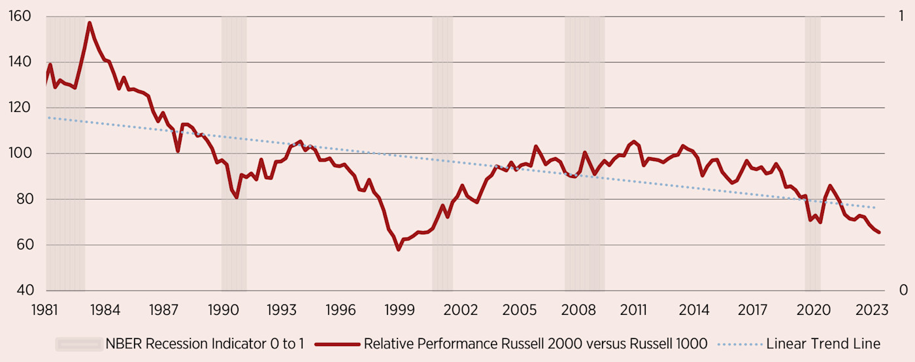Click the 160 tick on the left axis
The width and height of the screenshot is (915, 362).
[x=22, y=16]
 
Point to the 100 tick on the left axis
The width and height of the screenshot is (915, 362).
[x=22, y=154]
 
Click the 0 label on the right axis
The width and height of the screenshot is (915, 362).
[x=903, y=291]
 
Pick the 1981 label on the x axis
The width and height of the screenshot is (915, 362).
[x=46, y=310]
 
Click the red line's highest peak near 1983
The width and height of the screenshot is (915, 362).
[x=90, y=23]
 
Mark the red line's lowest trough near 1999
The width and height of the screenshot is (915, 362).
[x=398, y=249]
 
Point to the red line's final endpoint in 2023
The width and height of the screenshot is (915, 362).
[x=879, y=232]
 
